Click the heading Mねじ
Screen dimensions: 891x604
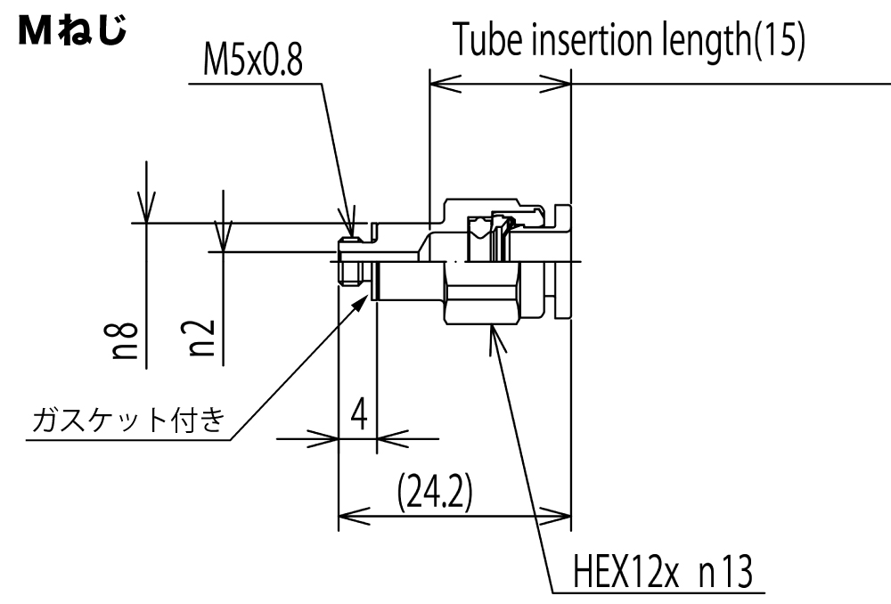point(72,31)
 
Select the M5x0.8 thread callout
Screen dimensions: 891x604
point(253,60)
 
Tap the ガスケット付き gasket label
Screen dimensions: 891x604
point(129,420)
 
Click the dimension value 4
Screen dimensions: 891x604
point(358,414)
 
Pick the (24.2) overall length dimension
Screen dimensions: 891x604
point(436,492)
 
